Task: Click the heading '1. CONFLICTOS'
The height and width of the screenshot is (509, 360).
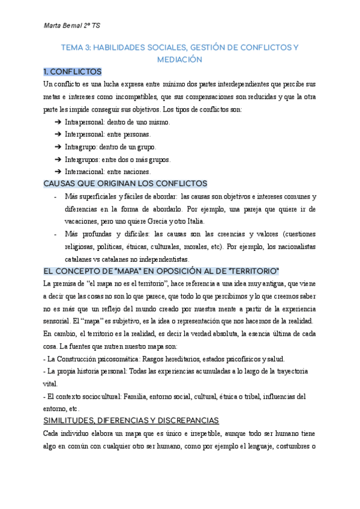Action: [x=73, y=71]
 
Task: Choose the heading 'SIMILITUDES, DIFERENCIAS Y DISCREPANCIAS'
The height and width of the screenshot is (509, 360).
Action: [x=131, y=420]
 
